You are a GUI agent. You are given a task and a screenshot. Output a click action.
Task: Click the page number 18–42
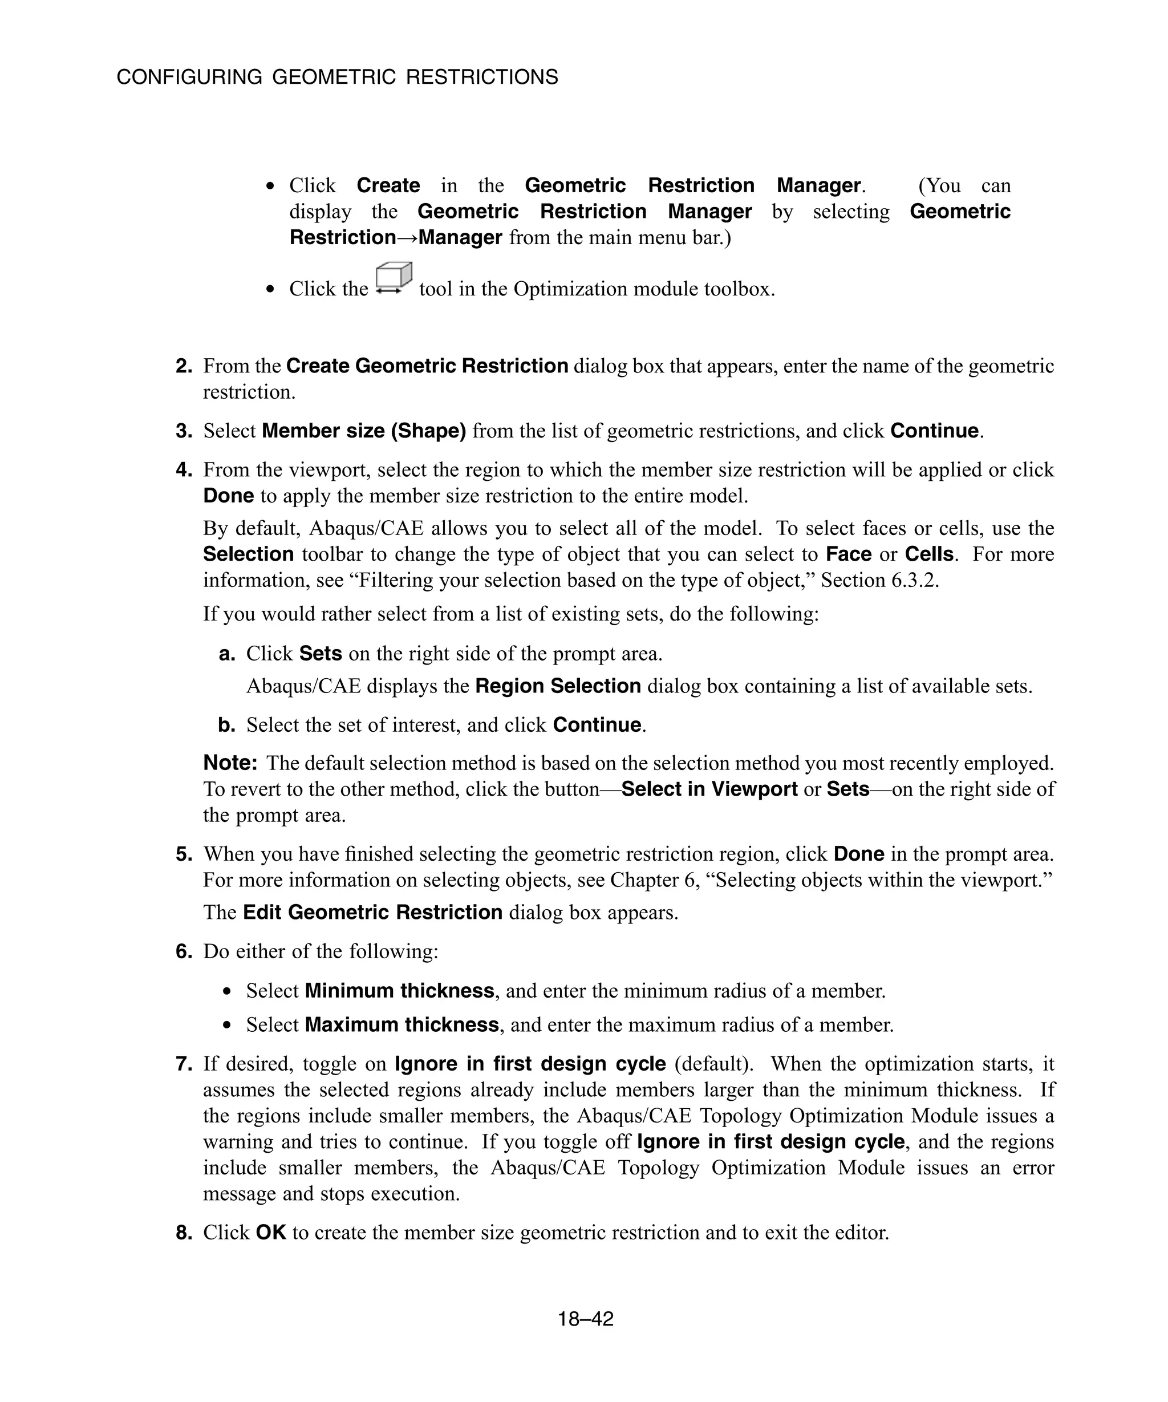[585, 1319]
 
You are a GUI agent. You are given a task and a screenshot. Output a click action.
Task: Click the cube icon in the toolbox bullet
[393, 278]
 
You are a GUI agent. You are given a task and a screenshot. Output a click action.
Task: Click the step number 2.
[184, 366]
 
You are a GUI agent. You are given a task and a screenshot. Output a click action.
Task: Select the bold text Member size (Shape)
[364, 431]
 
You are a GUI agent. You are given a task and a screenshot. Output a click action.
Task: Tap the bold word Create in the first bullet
[388, 185]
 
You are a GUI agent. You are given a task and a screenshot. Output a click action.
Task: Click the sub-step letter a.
[227, 653]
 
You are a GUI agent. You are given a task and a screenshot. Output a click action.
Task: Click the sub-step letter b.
[227, 725]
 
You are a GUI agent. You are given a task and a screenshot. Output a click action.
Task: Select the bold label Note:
[230, 763]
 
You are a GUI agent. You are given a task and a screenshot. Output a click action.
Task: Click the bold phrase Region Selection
[557, 686]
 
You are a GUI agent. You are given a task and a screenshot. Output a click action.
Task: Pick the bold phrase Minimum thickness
[399, 990]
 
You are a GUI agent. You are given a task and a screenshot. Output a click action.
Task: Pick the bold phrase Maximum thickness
[401, 1024]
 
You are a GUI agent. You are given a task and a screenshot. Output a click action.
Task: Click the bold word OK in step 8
[270, 1232]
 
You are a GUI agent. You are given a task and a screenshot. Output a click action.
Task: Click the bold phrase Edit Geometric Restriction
[372, 912]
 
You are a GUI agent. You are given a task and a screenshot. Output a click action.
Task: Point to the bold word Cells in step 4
[928, 554]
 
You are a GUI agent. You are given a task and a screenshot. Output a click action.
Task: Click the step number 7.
[184, 1064]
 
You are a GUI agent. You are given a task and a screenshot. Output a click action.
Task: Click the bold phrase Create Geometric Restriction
[427, 366]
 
